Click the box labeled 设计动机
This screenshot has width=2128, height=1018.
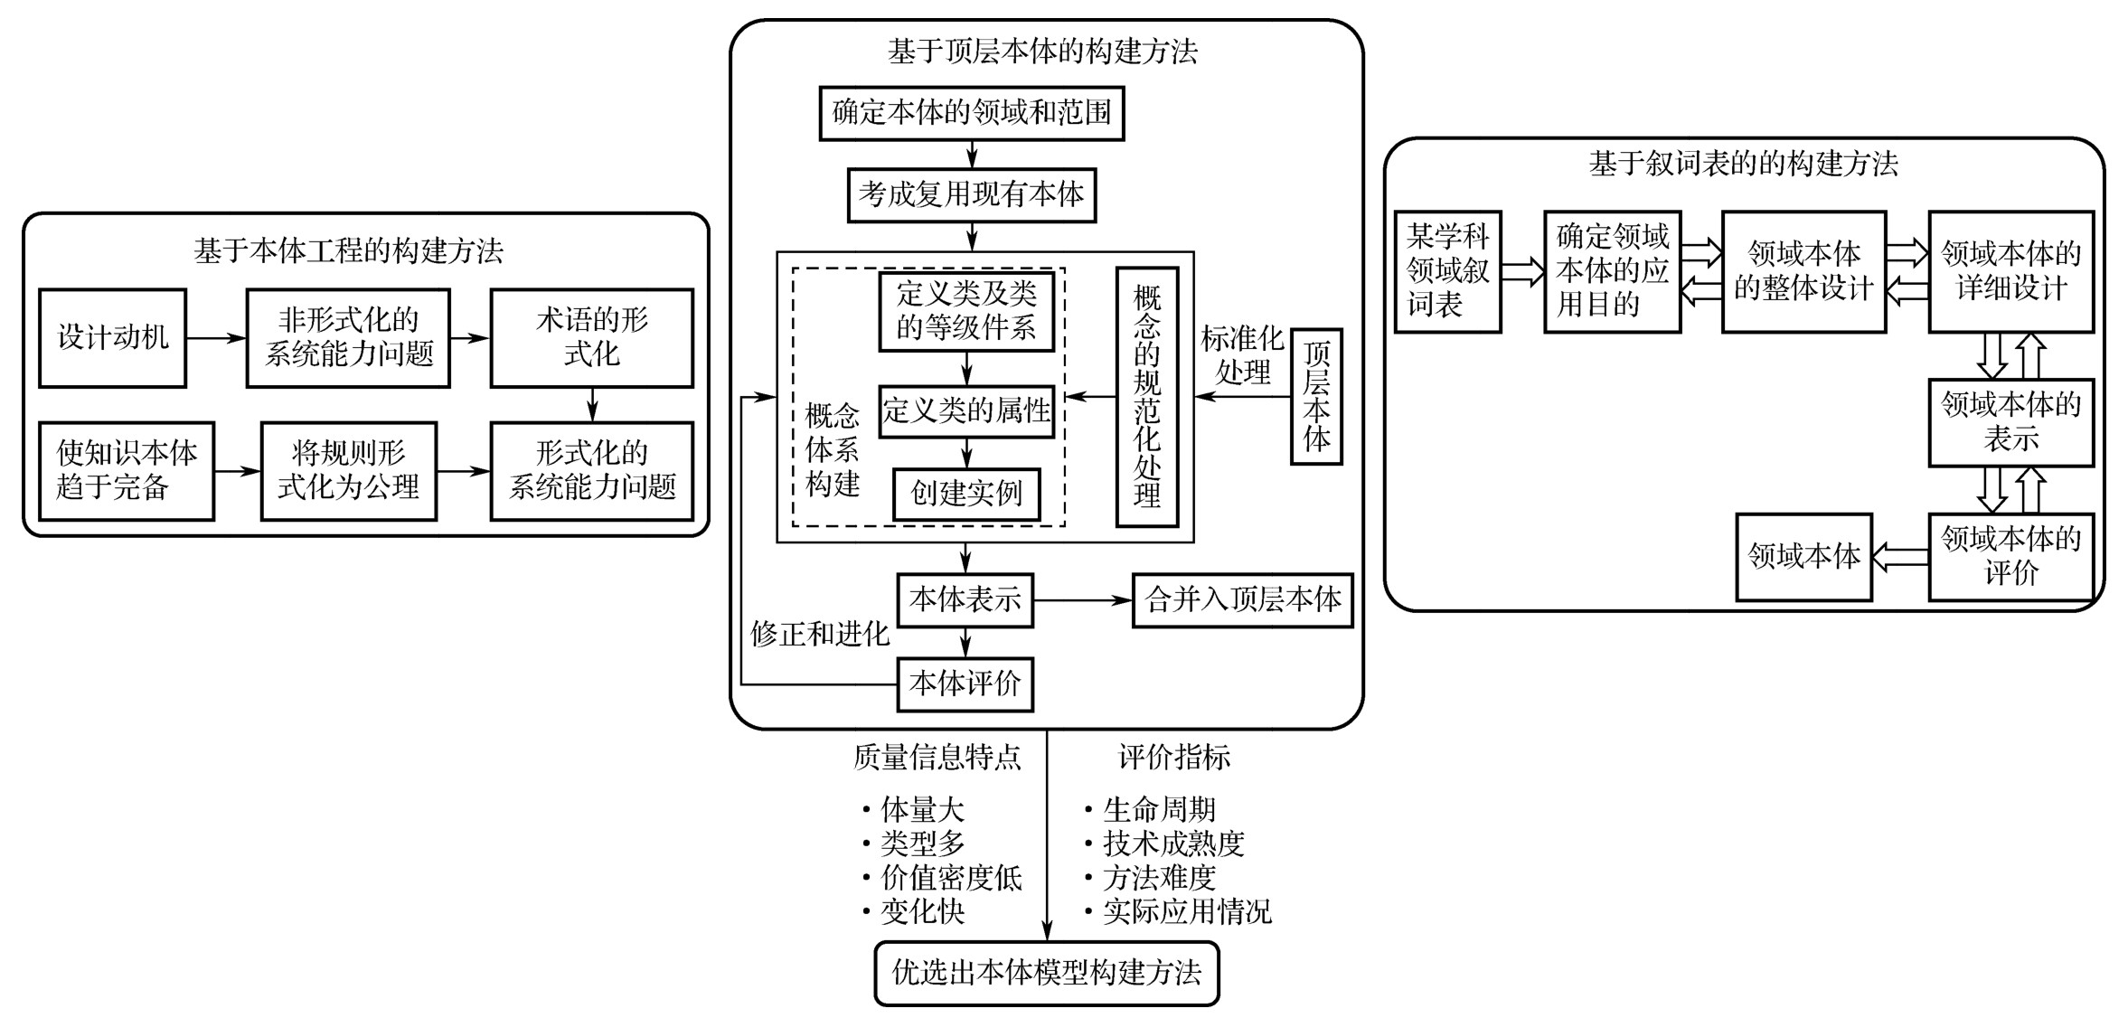[x=113, y=338]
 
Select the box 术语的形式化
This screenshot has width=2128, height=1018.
[x=592, y=338]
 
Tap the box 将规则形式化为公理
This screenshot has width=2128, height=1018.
[x=349, y=471]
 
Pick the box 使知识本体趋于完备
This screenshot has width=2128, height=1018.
[x=127, y=471]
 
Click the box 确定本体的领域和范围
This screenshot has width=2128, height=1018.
[x=972, y=114]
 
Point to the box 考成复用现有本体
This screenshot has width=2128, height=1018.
[x=972, y=195]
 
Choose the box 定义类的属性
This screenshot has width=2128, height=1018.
[x=966, y=412]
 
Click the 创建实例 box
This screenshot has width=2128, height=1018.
[x=966, y=494]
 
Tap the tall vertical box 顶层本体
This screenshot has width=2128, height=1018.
[x=1316, y=397]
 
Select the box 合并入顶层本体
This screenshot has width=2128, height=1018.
[x=1243, y=600]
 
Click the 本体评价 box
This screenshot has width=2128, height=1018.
[x=965, y=684]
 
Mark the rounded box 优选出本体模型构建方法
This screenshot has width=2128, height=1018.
[x=1047, y=974]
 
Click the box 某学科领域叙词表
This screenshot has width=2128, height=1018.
[x=1448, y=272]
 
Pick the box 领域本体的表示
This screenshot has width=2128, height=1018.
[x=2011, y=422]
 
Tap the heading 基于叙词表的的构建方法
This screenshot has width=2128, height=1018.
[x=1744, y=165]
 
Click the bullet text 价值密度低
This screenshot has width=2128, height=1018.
[x=951, y=878]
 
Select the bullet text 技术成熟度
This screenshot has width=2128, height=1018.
[x=1173, y=844]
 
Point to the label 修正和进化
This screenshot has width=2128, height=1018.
[x=820, y=635]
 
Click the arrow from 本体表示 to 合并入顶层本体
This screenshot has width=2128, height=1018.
[x=1083, y=600]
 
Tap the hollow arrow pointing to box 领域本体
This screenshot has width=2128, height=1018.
[x=1900, y=557]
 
